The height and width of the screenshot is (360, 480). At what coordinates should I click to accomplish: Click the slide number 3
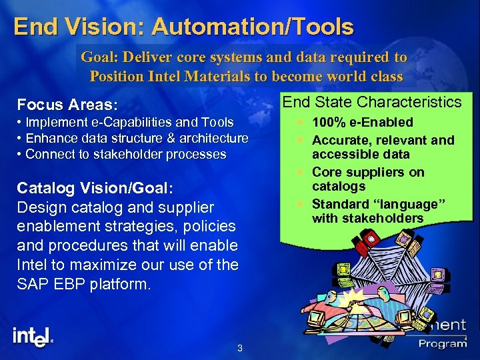(240, 349)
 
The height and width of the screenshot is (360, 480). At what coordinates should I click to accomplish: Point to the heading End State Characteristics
(372, 102)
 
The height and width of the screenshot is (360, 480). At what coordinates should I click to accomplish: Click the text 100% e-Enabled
(363, 122)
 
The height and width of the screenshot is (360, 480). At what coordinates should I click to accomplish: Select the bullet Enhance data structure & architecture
(133, 138)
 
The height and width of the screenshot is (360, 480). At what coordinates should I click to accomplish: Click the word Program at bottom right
(443, 343)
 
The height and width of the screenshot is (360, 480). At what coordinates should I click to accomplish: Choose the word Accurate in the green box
(337, 140)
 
